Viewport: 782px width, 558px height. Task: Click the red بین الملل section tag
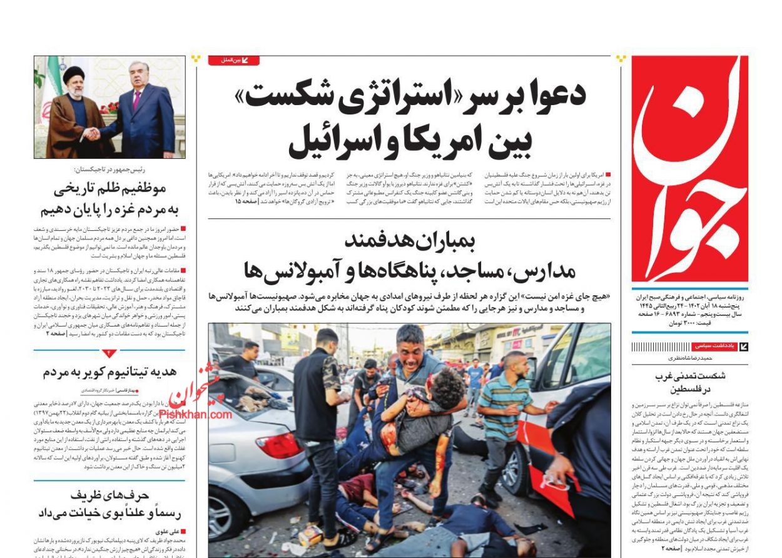(234, 60)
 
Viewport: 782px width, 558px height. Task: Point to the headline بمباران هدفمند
(410, 240)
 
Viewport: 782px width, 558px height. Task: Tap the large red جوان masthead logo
(689, 169)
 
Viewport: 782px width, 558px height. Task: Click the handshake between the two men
(93, 133)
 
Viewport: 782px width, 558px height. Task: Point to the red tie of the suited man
(136, 99)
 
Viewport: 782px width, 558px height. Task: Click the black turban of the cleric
(74, 74)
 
